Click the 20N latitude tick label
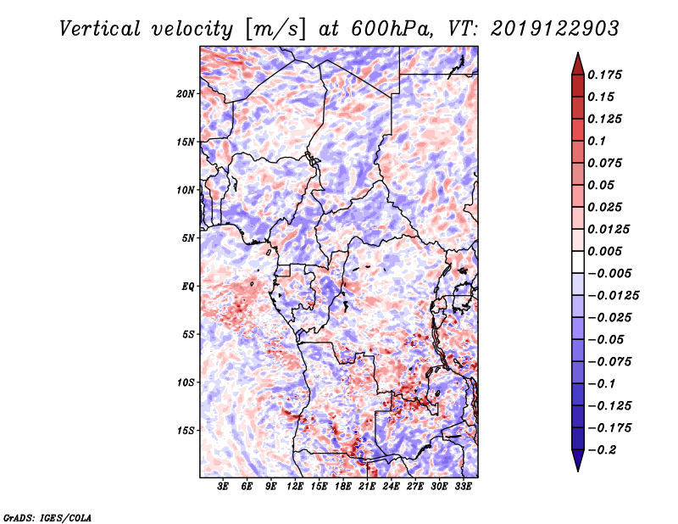186,93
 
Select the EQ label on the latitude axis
187,287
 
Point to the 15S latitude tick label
186,431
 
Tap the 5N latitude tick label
188,238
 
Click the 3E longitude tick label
224,487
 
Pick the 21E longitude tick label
367,487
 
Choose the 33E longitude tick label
463,487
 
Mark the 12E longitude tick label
295,487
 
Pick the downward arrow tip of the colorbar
577,469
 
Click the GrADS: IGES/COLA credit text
47,516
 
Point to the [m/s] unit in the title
274,28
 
